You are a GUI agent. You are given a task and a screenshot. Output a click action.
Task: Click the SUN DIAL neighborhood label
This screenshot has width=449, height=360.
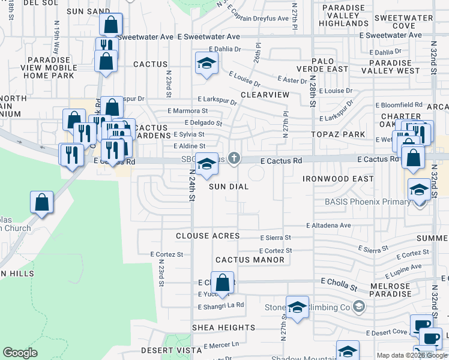coord(229,187)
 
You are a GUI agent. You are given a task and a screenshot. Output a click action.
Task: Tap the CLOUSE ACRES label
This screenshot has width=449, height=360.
coord(208,236)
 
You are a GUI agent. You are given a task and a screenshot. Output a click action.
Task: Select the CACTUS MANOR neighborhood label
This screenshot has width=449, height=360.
coord(250,260)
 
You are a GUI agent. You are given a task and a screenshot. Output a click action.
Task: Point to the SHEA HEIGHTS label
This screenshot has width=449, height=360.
coord(223,328)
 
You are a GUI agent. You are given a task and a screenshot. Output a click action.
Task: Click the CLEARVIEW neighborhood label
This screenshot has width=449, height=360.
coord(265,95)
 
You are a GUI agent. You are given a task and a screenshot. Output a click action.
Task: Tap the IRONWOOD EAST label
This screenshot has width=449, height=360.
coord(334,179)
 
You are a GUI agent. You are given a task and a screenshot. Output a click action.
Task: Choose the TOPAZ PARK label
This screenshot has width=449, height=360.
coord(335,136)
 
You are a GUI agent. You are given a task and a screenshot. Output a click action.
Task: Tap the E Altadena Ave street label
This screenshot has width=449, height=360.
coord(328,226)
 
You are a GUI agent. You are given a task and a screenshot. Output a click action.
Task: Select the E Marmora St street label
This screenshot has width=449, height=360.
coord(188,111)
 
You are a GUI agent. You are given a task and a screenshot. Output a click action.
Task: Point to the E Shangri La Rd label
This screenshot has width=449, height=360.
coord(221,305)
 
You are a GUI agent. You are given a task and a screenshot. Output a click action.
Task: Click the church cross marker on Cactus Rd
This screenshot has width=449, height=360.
coord(234,158)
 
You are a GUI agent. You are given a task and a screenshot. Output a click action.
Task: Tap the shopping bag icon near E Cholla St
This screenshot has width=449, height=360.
coord(222,282)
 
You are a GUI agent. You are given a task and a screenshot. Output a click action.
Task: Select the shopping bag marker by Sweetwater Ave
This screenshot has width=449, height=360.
coord(111,25)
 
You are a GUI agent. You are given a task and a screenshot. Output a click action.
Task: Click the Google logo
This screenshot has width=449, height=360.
coord(20,353)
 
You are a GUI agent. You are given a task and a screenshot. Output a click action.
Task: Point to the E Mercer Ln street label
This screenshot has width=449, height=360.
coord(221,346)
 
